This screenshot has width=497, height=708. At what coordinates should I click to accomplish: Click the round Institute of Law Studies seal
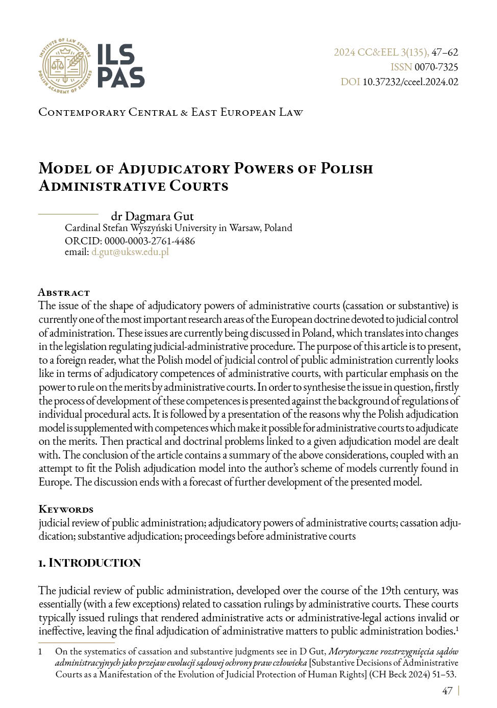tap(65, 66)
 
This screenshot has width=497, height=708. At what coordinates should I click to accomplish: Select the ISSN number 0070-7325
tap(436, 67)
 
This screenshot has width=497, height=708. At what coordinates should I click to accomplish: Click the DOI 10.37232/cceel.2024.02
tap(410, 82)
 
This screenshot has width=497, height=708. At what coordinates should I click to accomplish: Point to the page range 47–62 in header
tap(444, 52)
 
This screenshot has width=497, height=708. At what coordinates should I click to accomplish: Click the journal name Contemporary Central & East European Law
tap(170, 112)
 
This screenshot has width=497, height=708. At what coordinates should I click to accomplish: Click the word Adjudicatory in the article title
tap(173, 168)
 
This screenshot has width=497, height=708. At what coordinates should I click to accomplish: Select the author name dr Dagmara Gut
tap(152, 216)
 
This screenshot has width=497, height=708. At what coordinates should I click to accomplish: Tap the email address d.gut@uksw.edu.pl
tap(130, 251)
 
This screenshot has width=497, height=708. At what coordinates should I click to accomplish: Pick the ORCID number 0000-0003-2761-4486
tap(150, 241)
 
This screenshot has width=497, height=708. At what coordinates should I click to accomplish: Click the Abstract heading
tap(64, 292)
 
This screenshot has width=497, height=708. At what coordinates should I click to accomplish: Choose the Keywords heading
tap(66, 509)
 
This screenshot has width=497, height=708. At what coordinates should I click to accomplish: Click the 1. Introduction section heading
tap(89, 563)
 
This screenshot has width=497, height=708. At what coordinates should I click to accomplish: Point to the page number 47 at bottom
tap(447, 691)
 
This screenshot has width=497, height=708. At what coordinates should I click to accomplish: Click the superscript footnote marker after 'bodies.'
tap(457, 628)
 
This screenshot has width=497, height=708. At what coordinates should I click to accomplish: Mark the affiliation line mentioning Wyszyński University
tap(178, 227)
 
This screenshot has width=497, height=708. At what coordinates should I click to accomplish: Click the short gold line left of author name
tap(68, 214)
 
